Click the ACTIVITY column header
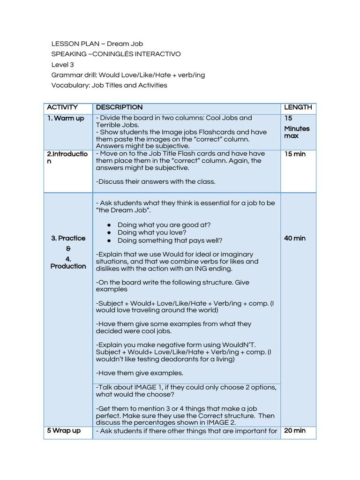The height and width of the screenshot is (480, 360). point(62,107)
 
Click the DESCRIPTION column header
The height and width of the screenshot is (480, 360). point(119,107)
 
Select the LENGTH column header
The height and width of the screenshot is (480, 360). point(298,107)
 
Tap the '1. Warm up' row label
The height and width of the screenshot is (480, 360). point(66,118)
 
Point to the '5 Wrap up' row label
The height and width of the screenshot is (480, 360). point(64,430)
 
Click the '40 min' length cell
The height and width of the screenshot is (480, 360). point(294,238)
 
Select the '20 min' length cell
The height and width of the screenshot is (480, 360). point(294,430)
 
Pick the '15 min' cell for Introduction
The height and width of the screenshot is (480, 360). point(294,154)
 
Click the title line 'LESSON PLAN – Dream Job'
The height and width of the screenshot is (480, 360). point(97,44)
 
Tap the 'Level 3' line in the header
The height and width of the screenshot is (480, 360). point(62,65)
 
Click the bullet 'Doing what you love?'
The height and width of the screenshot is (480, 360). point(152,232)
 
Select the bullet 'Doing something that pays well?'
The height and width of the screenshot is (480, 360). point(170,240)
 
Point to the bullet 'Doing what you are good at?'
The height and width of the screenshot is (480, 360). point(164,225)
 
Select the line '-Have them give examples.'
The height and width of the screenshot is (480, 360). point(139,373)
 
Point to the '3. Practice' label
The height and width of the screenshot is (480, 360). point(68,238)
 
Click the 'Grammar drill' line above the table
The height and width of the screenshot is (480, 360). point(127,75)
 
